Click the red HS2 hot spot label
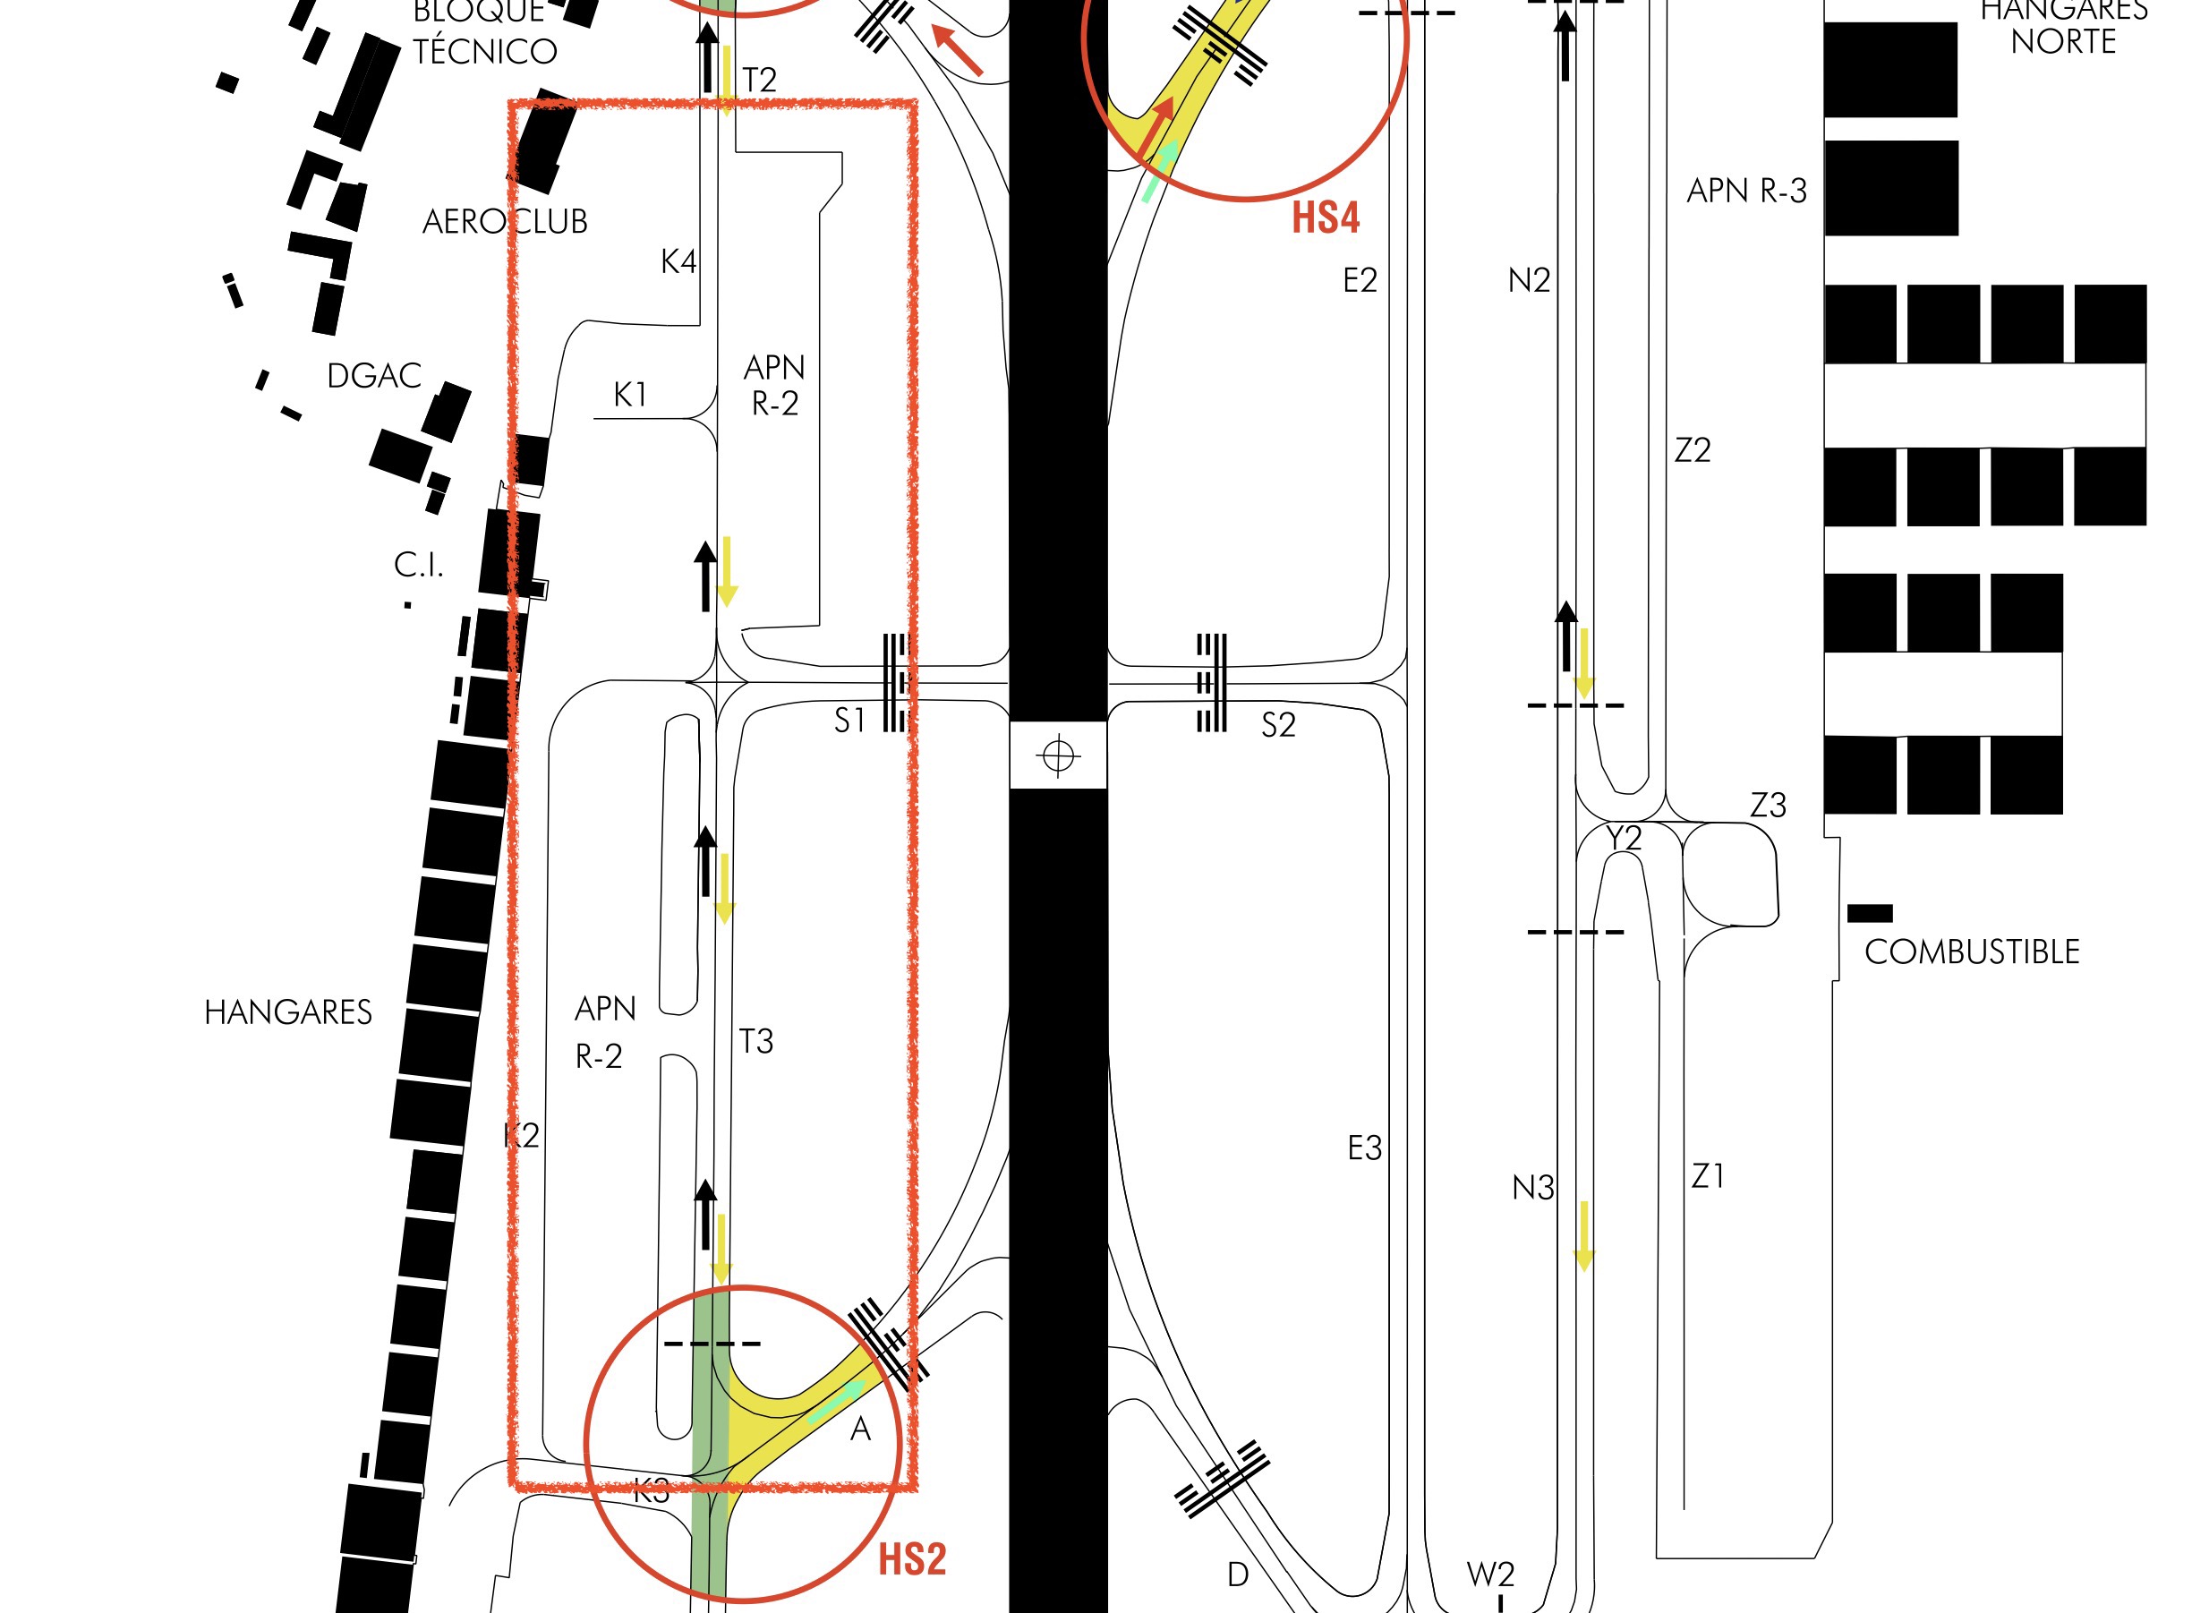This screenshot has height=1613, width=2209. click(x=912, y=1559)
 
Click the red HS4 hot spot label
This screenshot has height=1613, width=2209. click(x=1325, y=217)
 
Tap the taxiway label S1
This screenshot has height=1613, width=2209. click(x=849, y=721)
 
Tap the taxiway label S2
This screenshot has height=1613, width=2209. click(x=1278, y=724)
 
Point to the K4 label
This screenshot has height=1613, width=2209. click(x=678, y=261)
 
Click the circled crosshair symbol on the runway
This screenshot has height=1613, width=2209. click(x=1058, y=755)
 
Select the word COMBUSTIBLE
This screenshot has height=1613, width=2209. click(x=1971, y=952)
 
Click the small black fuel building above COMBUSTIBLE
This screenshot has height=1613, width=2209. click(x=1869, y=913)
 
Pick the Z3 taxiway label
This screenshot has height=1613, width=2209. click(x=1768, y=806)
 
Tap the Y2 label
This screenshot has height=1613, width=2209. click(x=1625, y=838)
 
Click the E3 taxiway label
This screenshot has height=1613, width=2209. click(x=1365, y=1148)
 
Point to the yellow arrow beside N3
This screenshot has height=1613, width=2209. click(x=1583, y=1236)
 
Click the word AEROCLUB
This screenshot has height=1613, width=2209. click(x=505, y=222)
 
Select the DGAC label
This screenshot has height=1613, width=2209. click(x=374, y=376)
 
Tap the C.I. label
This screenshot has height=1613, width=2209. click(x=419, y=564)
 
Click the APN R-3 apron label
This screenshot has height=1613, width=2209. click(x=1746, y=191)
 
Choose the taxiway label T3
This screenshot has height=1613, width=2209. click(x=755, y=1042)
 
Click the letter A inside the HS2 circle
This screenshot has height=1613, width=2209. click(x=860, y=1430)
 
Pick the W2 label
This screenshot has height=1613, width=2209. click(x=1490, y=1574)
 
